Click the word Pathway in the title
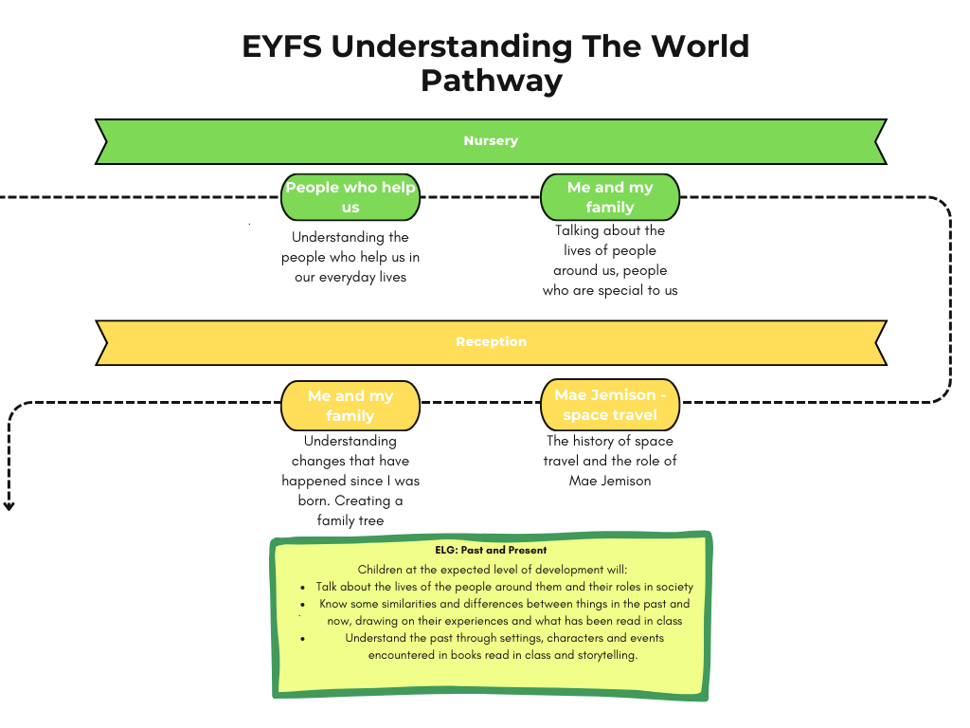(x=491, y=81)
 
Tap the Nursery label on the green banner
(x=491, y=141)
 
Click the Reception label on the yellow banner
(x=491, y=342)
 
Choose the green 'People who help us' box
(x=350, y=197)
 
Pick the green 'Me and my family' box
(x=610, y=197)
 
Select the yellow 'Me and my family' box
(x=350, y=406)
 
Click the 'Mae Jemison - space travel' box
(x=610, y=406)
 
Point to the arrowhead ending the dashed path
(x=9, y=506)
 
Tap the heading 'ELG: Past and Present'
(x=491, y=550)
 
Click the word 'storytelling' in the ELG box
(x=605, y=655)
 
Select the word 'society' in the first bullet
(x=673, y=587)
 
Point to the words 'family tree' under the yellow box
(x=350, y=521)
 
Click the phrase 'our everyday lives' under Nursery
(x=350, y=277)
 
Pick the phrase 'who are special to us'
(x=610, y=291)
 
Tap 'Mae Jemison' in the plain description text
(x=610, y=481)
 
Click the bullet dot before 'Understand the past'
(x=302, y=638)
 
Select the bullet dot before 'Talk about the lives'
(x=302, y=587)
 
